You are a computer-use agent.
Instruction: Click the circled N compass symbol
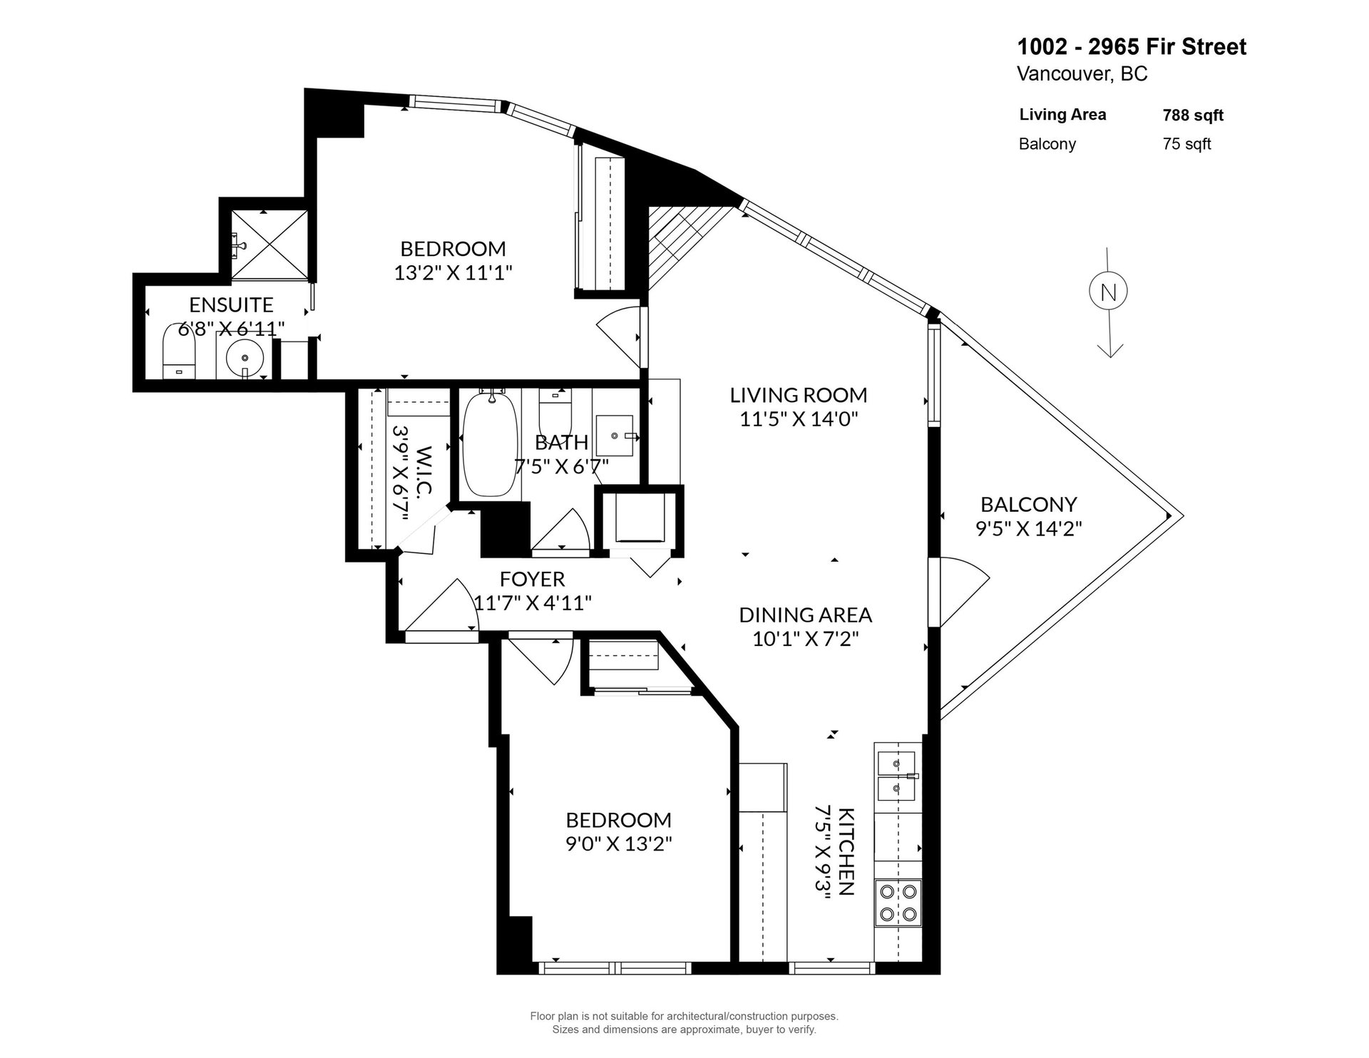tap(1107, 292)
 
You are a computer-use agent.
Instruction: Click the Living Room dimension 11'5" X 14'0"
tap(798, 418)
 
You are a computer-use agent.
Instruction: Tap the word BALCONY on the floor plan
tap(1028, 505)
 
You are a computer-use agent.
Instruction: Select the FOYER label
tap(532, 578)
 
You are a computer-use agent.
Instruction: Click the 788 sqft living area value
tap(1193, 115)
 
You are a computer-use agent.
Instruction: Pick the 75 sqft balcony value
tap(1186, 144)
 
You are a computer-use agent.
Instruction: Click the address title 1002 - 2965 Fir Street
tap(1132, 47)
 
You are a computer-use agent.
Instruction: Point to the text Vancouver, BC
tap(1082, 74)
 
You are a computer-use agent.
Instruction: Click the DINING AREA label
tap(805, 615)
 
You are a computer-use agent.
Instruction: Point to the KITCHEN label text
tap(846, 851)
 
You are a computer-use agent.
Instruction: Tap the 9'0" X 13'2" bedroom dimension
tap(619, 843)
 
